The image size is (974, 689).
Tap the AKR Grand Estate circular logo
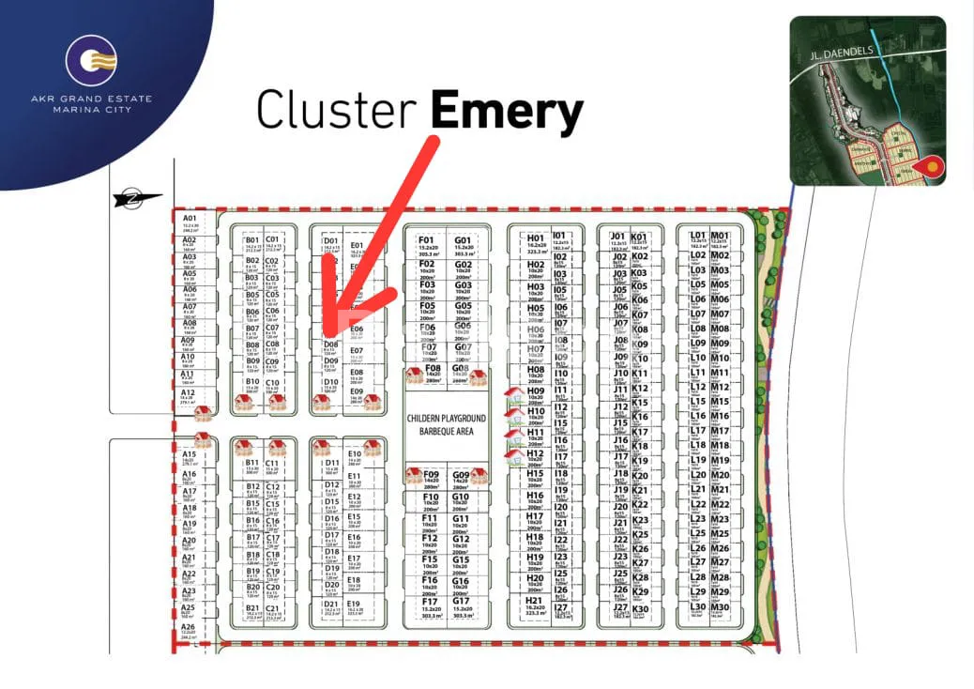pos(91,61)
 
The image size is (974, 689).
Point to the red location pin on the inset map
pos(930,167)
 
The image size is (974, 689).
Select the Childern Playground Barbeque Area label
pos(447,424)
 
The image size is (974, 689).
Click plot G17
pos(461,606)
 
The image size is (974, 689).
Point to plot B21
pos(252,611)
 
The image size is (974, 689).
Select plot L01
pos(697,239)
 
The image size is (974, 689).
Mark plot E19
pos(354,607)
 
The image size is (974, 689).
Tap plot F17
pos(430,606)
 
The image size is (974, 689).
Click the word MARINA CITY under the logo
pos(90,110)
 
